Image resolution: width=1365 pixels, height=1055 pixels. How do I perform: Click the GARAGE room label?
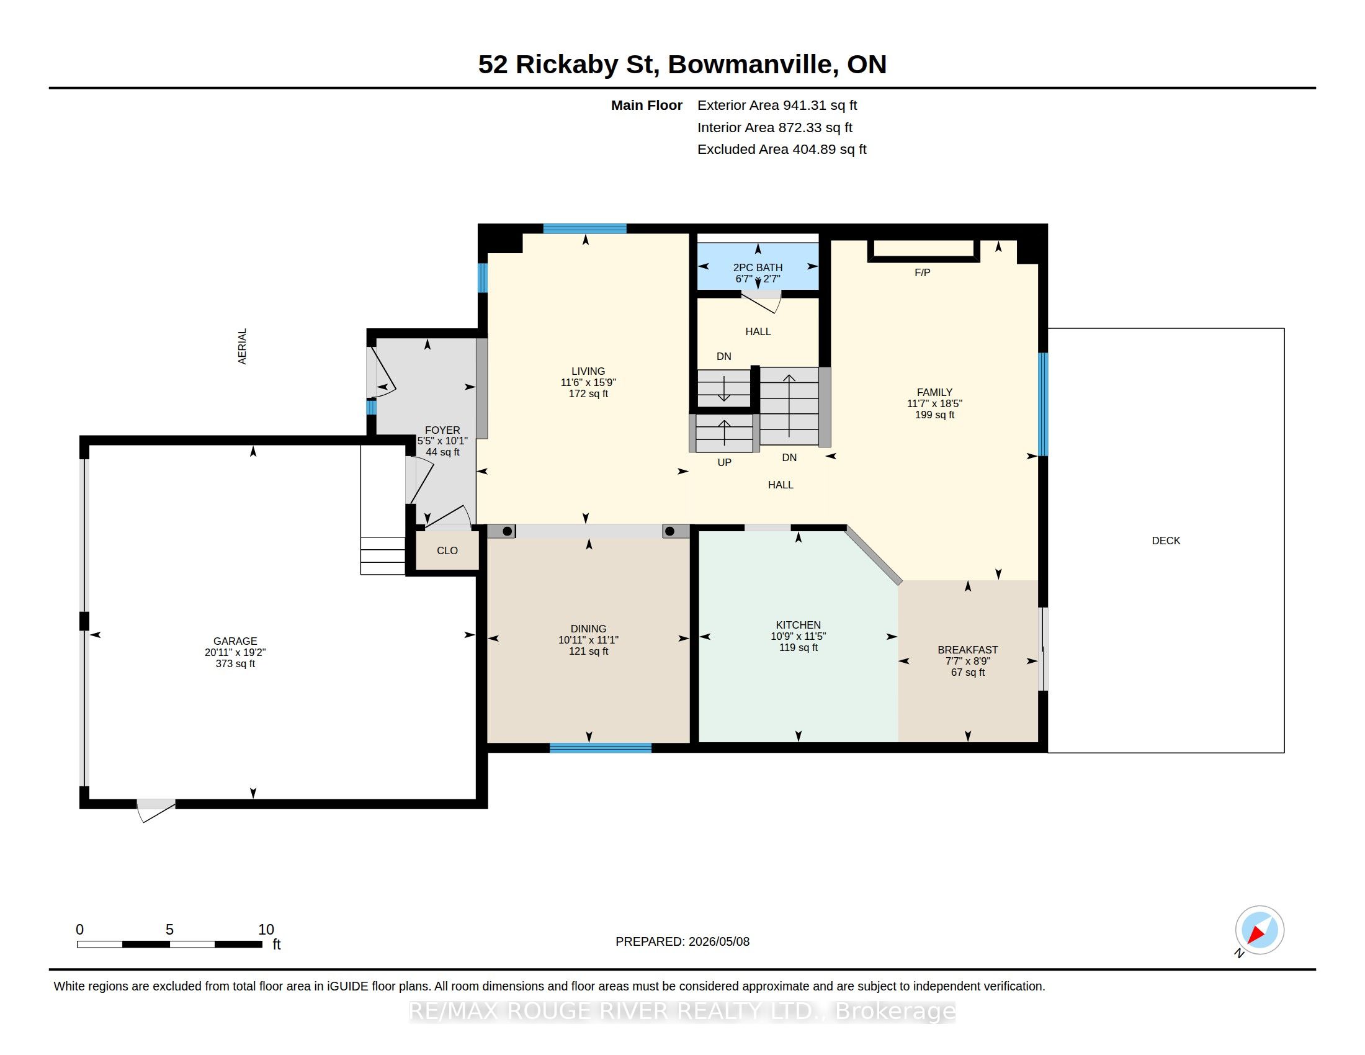tap(235, 640)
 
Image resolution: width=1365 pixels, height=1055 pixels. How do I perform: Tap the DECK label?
tap(1166, 541)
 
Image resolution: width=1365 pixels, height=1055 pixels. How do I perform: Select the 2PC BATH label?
tap(758, 267)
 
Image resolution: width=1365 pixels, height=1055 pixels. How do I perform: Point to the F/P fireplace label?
tap(923, 272)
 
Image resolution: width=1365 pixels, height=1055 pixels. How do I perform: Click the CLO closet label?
tap(447, 550)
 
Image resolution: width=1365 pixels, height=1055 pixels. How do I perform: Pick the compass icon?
tap(1260, 930)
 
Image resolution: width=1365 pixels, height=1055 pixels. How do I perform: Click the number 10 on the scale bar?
tap(266, 930)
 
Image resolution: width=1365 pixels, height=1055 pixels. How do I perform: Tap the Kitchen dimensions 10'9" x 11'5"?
tap(798, 636)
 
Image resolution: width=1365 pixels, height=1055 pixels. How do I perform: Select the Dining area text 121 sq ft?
tap(588, 651)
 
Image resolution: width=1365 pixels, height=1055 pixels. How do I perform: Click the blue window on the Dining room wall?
tap(601, 748)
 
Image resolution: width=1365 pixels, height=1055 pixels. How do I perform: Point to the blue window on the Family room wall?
tap(1042, 405)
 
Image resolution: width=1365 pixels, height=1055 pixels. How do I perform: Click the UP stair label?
tap(724, 462)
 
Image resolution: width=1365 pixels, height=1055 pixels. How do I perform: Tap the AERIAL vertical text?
tap(243, 346)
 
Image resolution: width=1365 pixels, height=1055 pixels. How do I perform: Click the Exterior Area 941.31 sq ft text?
tap(777, 105)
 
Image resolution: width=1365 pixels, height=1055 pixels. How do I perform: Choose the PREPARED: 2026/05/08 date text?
tap(682, 941)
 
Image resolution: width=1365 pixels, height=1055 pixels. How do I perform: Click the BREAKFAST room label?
tap(967, 650)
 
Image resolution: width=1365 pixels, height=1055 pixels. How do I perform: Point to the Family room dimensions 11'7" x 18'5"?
tap(934, 404)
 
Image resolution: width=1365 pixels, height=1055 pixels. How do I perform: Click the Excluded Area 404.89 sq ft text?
tap(782, 150)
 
